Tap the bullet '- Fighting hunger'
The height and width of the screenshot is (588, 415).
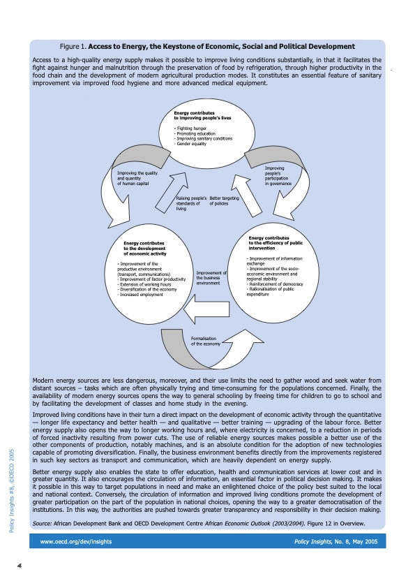189,129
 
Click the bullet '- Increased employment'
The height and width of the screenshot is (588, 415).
141,295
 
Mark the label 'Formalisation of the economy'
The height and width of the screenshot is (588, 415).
205,341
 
